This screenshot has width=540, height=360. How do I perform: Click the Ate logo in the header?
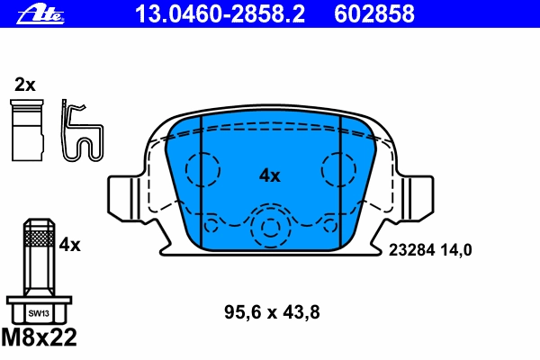[40, 14]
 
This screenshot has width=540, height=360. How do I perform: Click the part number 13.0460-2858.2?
[220, 13]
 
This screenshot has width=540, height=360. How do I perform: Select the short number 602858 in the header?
[374, 13]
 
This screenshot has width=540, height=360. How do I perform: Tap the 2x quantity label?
[25, 85]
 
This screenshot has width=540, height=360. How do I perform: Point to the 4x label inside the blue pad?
[270, 175]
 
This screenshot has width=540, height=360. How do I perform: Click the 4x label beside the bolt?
[69, 245]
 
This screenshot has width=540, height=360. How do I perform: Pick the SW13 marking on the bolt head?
[39, 313]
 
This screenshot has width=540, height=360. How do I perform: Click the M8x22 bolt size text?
[40, 337]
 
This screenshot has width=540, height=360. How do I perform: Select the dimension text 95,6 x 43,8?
[272, 312]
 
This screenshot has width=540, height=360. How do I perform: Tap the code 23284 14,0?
[430, 250]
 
